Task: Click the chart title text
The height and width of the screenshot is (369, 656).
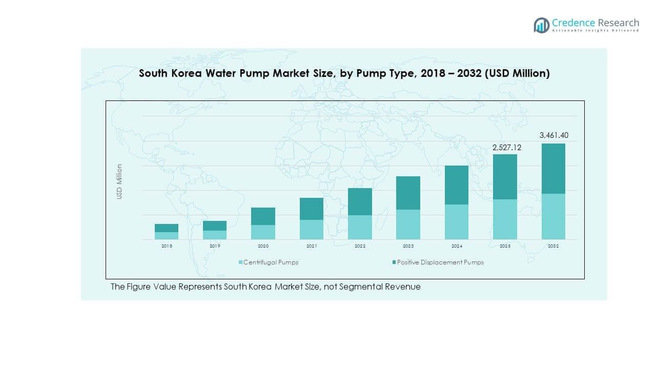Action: [344, 73]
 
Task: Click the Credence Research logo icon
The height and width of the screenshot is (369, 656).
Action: [541, 25]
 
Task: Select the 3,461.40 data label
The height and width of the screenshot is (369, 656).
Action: [553, 135]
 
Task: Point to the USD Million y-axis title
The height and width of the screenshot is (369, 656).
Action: [119, 181]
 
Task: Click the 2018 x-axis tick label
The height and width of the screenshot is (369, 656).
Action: [167, 247]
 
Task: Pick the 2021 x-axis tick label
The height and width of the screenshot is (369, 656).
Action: [312, 247]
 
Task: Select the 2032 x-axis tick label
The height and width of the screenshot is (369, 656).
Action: [553, 247]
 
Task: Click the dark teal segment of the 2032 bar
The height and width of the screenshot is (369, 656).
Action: [553, 168]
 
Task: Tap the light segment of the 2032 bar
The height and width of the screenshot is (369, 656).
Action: [553, 216]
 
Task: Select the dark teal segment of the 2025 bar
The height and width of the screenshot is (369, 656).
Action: [505, 176]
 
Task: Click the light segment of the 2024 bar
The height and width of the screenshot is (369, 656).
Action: [457, 222]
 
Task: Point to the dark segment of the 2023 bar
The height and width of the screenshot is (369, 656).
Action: [408, 193]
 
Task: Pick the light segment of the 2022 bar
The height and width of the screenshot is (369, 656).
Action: [360, 227]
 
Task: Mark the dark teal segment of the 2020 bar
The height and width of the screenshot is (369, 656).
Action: [263, 216]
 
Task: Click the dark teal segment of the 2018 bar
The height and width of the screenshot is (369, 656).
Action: [167, 228]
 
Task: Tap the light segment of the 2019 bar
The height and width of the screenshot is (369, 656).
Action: [215, 235]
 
